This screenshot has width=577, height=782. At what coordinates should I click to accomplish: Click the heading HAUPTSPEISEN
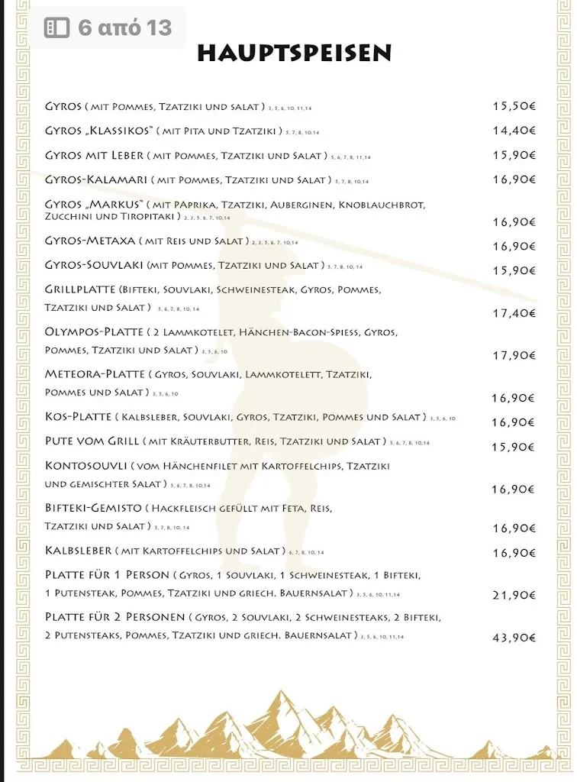tap(294, 53)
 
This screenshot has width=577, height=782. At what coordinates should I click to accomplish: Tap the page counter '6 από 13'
tap(124, 28)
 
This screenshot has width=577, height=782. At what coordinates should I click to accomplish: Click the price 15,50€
tap(514, 106)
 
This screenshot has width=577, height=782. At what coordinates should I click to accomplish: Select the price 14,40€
tap(514, 131)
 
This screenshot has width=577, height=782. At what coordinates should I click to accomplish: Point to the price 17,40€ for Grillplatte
tap(514, 313)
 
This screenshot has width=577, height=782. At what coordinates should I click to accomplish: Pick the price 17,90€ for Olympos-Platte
tap(514, 355)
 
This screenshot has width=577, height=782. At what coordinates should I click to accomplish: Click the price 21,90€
tap(514, 595)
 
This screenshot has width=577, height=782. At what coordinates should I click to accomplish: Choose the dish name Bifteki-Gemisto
tap(94, 508)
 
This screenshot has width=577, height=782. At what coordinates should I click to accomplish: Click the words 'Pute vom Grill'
tap(92, 441)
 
